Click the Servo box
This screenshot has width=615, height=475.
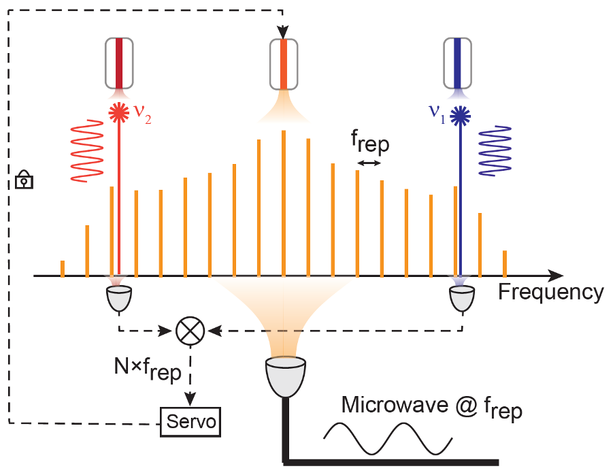coord(190,422)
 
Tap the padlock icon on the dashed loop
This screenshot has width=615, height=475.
coord(24,180)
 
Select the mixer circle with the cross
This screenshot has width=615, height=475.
coord(190,331)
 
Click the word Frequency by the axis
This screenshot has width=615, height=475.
coord(551,293)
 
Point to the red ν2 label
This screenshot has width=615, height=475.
coord(142,114)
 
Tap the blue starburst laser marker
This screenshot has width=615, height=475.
coord(460,116)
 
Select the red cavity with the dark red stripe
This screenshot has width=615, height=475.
coord(119,63)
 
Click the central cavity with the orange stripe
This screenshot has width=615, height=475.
coord(284,64)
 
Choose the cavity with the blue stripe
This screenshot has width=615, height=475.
coord(457,63)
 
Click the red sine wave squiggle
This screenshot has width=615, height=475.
coord(86,150)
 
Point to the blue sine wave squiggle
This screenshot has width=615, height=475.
coord(495,150)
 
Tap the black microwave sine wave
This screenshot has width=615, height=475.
coord(388,438)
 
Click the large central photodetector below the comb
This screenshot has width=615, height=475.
coord(286,376)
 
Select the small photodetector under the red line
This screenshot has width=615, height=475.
coord(119,299)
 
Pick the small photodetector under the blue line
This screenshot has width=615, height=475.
coord(462,299)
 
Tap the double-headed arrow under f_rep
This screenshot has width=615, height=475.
coord(369,163)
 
